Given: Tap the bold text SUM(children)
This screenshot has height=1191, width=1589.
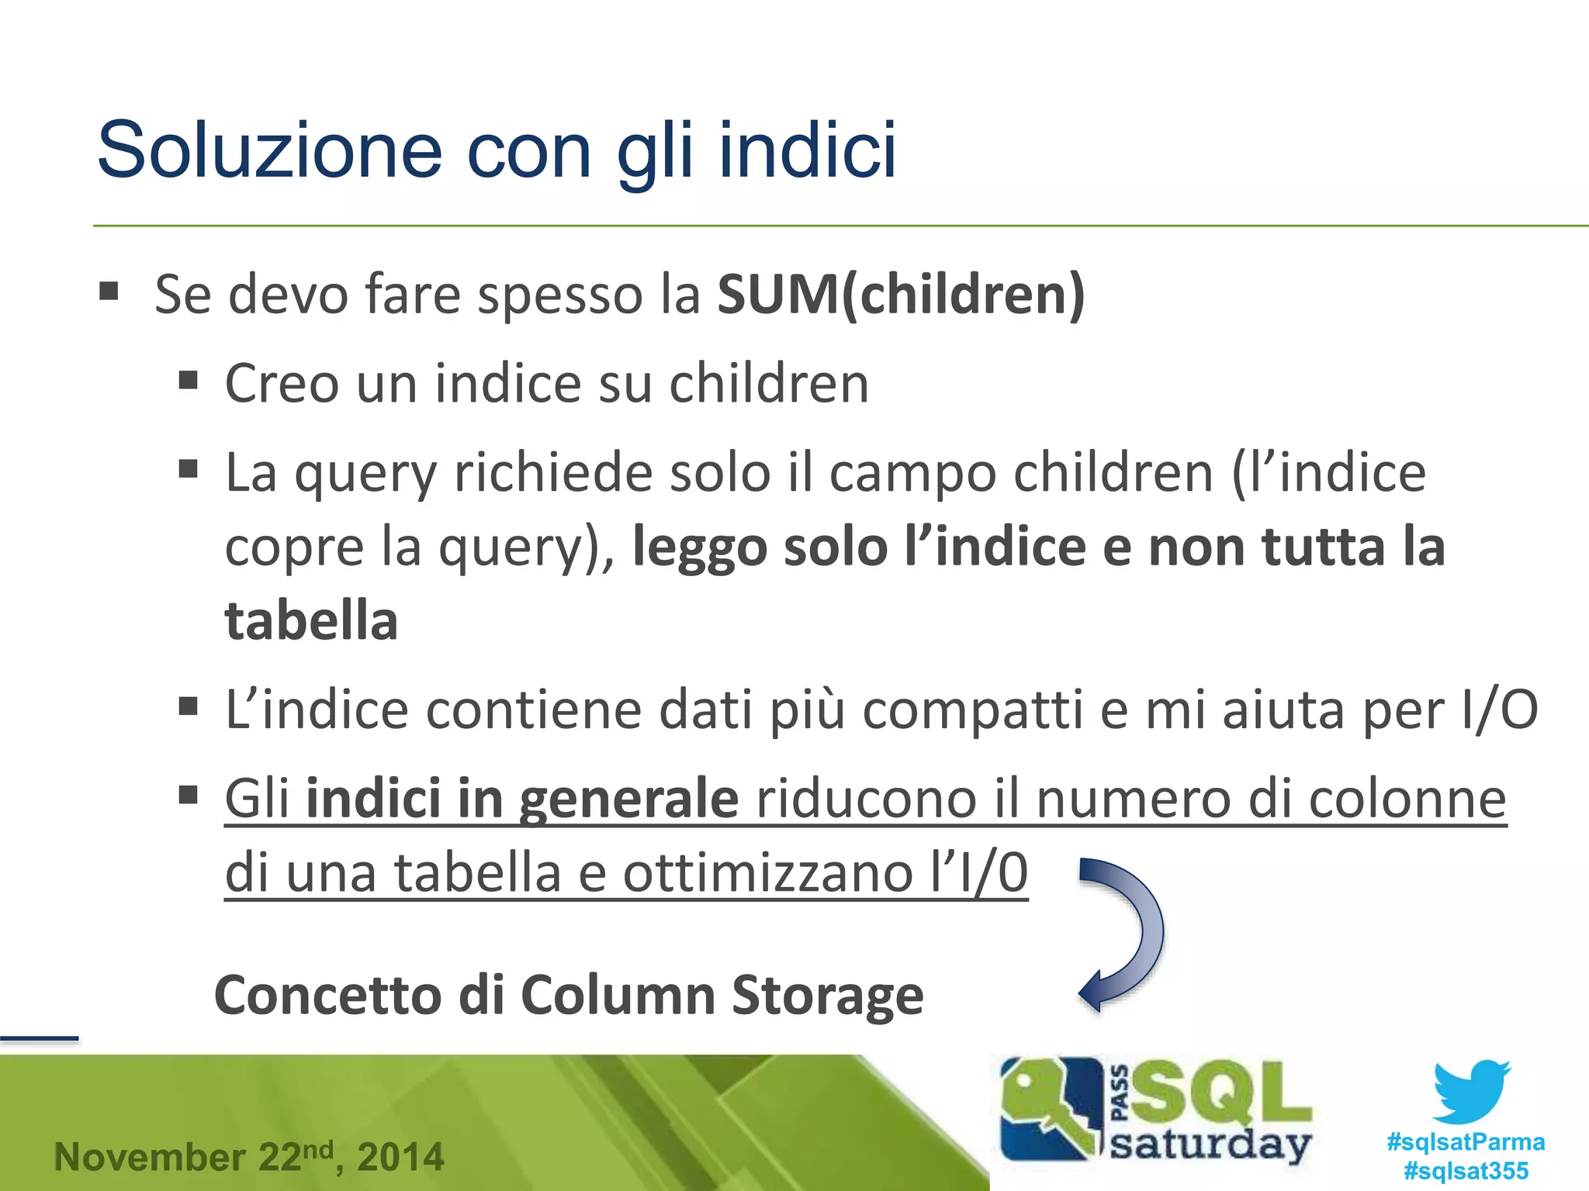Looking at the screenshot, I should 900,295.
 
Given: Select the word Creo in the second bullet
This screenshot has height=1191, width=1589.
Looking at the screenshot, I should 282,383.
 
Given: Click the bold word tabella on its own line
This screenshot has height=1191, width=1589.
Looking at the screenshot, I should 311,621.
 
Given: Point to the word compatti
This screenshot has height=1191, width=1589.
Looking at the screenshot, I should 971,709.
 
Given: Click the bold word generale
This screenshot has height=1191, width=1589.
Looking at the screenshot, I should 628,799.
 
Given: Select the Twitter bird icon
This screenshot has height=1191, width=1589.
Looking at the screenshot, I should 1471,1092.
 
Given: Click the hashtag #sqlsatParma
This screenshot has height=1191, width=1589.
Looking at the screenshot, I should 1466,1142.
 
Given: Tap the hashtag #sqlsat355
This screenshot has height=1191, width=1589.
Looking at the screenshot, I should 1466,1171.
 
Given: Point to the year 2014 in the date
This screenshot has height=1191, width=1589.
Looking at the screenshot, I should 400,1158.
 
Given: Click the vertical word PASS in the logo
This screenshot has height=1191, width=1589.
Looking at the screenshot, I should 1120,1093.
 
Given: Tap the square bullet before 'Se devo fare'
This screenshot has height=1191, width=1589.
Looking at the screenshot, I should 109,291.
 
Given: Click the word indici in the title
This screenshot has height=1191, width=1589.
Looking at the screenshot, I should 807,150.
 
